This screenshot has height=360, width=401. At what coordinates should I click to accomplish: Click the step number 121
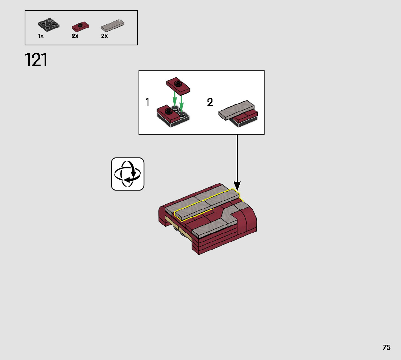coord(36,60)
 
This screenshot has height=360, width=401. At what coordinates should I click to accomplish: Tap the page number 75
coord(386,347)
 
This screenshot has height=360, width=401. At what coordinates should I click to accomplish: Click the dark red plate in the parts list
coord(80,26)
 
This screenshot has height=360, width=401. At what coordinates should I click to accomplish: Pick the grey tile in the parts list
coord(113,25)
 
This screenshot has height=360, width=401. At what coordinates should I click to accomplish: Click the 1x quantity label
coord(41,36)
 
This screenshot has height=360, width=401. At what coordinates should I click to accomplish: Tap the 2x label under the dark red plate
coord(75,36)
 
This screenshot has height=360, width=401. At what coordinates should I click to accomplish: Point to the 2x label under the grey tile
coord(104,36)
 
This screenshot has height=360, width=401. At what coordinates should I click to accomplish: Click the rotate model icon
coord(128,174)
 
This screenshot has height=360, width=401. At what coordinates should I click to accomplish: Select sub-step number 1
coord(147,103)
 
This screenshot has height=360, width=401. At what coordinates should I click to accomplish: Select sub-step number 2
coord(210,103)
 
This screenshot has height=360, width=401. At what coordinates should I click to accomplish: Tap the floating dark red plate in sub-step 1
coord(178,86)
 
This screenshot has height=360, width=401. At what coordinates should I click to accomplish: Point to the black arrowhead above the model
coord(237,186)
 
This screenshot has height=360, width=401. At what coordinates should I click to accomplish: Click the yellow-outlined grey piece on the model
coord(207,205)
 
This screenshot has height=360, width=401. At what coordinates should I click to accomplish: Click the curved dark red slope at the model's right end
coord(248,219)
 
